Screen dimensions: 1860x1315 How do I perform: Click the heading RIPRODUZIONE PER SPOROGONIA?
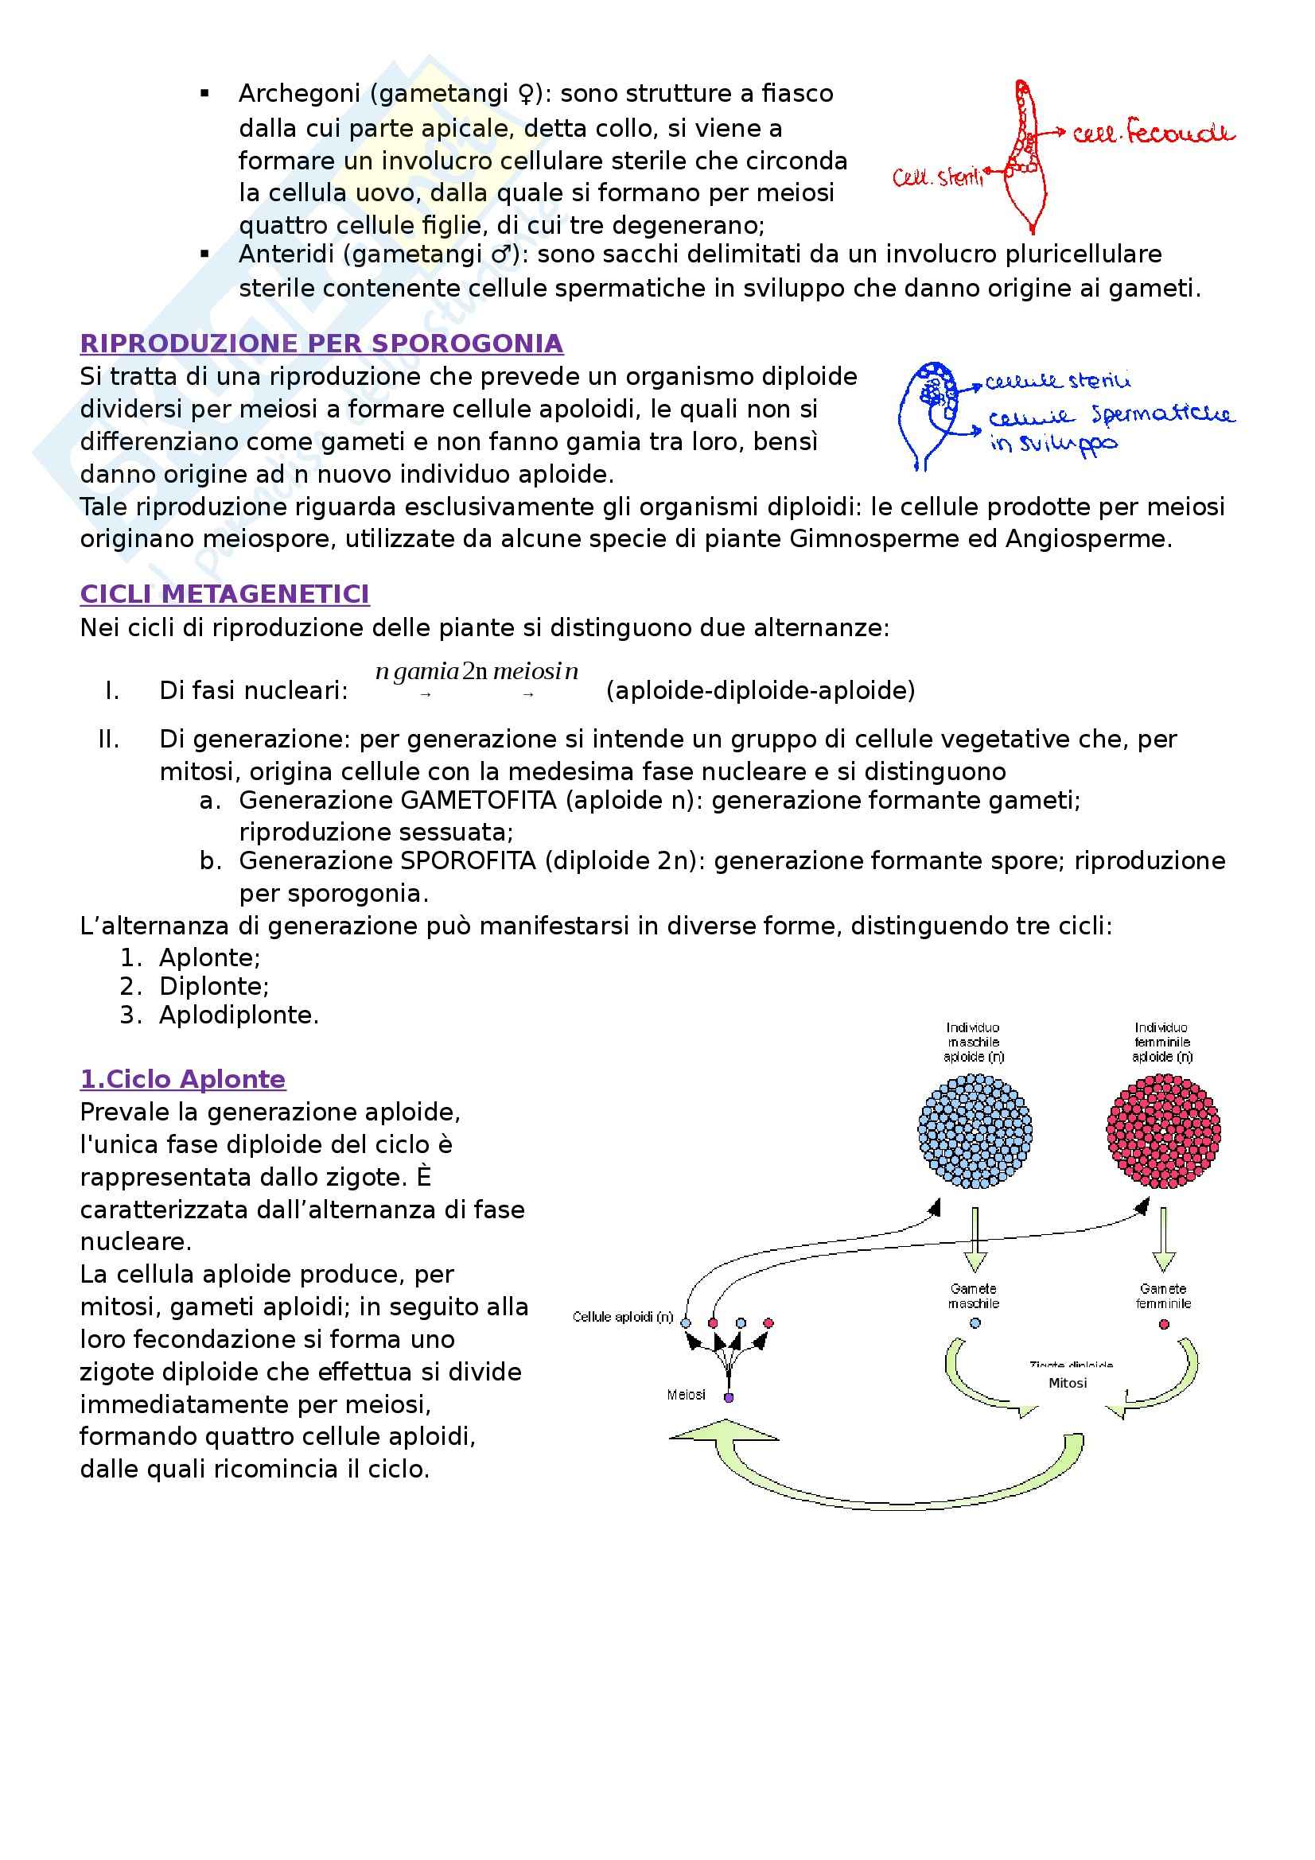pyautogui.click(x=321, y=344)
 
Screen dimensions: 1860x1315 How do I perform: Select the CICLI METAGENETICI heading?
pyautogui.click(x=224, y=594)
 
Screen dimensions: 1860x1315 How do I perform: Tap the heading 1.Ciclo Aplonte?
pyautogui.click(x=182, y=1079)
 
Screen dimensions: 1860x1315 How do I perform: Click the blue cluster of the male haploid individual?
pyautogui.click(x=975, y=1131)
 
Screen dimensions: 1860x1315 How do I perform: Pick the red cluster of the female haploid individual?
pyautogui.click(x=1163, y=1131)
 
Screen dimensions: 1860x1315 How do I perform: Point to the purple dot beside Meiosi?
pyautogui.click(x=729, y=1398)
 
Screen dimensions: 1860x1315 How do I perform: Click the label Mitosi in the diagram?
pyautogui.click(x=1067, y=1383)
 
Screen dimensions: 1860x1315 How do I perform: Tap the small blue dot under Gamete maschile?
pyautogui.click(x=975, y=1323)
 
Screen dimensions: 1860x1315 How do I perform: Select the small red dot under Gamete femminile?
pyautogui.click(x=1164, y=1324)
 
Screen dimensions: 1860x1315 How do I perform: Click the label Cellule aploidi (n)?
pyautogui.click(x=622, y=1316)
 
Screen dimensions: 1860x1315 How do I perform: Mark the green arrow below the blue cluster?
pyautogui.click(x=975, y=1239)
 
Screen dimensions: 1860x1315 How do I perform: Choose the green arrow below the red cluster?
pyautogui.click(x=1164, y=1239)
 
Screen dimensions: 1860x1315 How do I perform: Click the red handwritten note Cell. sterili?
pyautogui.click(x=937, y=177)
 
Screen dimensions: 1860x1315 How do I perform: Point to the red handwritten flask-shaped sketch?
pyautogui.click(x=1024, y=158)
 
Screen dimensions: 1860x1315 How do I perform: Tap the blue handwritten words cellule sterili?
pyautogui.click(x=1057, y=381)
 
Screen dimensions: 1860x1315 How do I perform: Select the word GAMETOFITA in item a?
pyautogui.click(x=478, y=801)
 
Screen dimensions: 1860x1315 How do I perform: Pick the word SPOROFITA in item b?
pyautogui.click(x=468, y=860)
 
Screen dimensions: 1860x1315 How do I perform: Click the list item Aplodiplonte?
pyautogui.click(x=238, y=1014)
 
